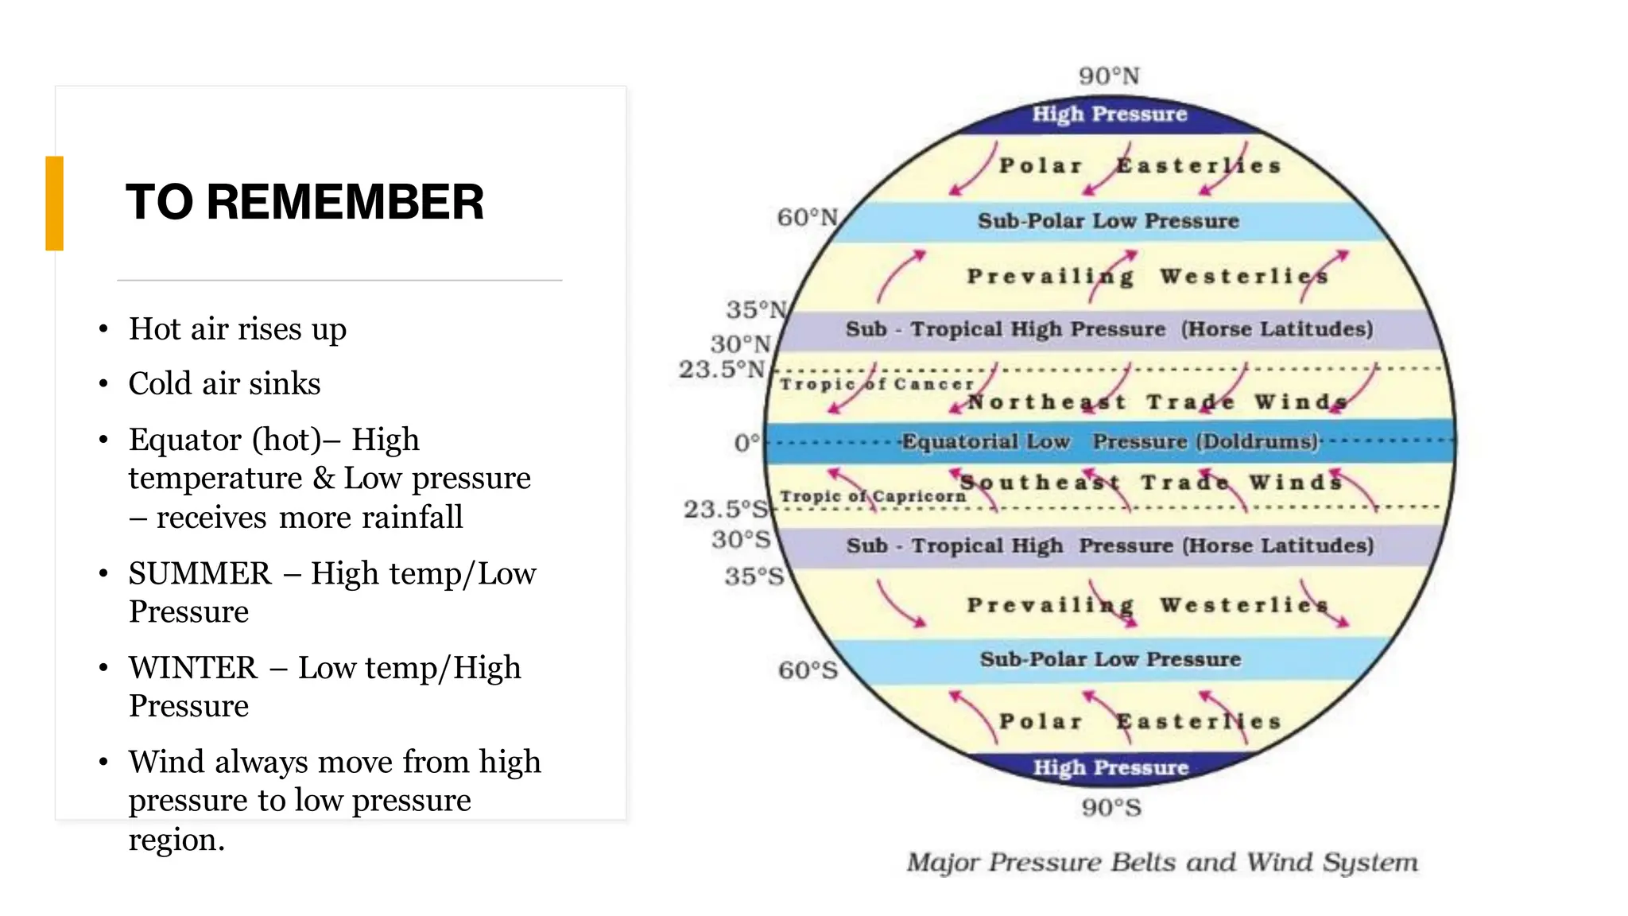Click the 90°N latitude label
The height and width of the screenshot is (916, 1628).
1109,76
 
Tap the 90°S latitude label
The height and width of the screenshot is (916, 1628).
1111,808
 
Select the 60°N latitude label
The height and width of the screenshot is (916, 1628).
807,217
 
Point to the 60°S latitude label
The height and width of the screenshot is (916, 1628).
808,670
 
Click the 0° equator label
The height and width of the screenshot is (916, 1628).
746,442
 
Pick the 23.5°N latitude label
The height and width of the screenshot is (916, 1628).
721,369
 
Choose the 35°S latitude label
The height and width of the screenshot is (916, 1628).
754,576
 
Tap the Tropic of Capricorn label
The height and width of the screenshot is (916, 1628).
873,496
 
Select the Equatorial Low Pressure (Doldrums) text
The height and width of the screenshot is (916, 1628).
1109,441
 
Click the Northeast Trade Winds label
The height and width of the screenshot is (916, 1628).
1156,402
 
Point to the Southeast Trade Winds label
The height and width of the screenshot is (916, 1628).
1150,483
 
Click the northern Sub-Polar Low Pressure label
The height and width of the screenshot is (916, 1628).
1108,221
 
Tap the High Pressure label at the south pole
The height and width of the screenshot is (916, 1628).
1111,767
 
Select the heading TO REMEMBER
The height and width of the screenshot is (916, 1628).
304,202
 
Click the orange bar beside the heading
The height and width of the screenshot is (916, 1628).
54,204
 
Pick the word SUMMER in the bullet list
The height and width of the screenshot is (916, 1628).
200,573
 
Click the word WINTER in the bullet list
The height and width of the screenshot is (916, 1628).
193,668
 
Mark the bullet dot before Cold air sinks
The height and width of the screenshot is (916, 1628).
103,384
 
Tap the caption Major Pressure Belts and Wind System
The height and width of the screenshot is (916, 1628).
1162,863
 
